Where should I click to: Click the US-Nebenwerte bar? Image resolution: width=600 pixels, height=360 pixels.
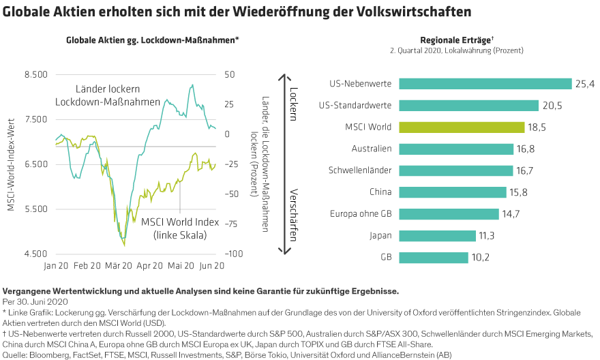click(484, 84)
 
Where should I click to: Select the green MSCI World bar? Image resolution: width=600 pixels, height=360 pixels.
click(461, 127)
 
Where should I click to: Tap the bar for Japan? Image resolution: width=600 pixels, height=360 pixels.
click(436, 236)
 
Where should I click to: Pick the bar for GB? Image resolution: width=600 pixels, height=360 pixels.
click(433, 258)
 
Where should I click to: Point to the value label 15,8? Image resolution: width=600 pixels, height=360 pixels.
click(518, 193)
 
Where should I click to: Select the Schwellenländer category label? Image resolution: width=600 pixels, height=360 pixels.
click(359, 170)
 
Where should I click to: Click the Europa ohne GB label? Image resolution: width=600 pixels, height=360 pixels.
click(359, 214)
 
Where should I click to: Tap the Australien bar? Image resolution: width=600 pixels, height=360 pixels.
click(455, 149)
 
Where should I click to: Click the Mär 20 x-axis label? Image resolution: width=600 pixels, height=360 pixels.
click(119, 266)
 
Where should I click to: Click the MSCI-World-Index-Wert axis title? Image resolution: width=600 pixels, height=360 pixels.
click(12, 164)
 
